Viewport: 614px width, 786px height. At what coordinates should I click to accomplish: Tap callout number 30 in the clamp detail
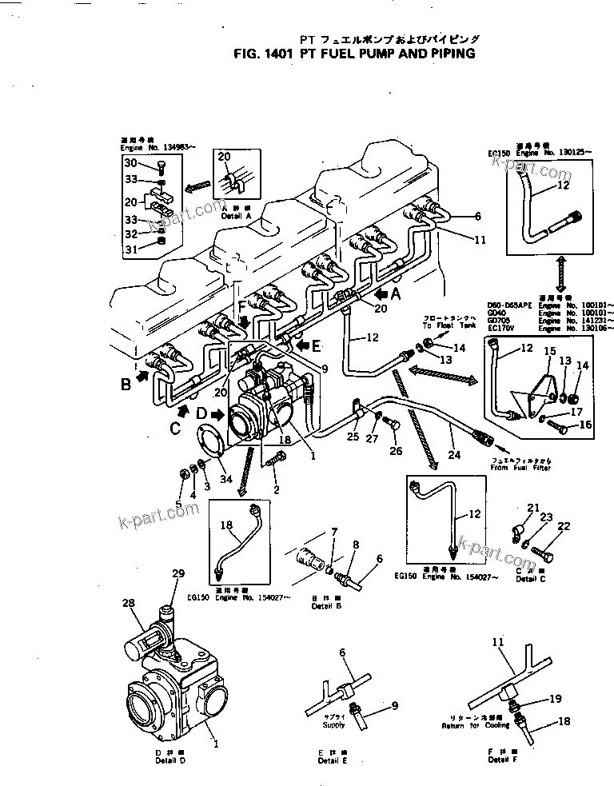(x=131, y=163)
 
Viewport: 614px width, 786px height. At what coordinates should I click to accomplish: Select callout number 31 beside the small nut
(x=131, y=249)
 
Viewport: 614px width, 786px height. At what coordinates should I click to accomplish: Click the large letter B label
(x=126, y=385)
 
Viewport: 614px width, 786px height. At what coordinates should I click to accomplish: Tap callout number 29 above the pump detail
(x=178, y=573)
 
